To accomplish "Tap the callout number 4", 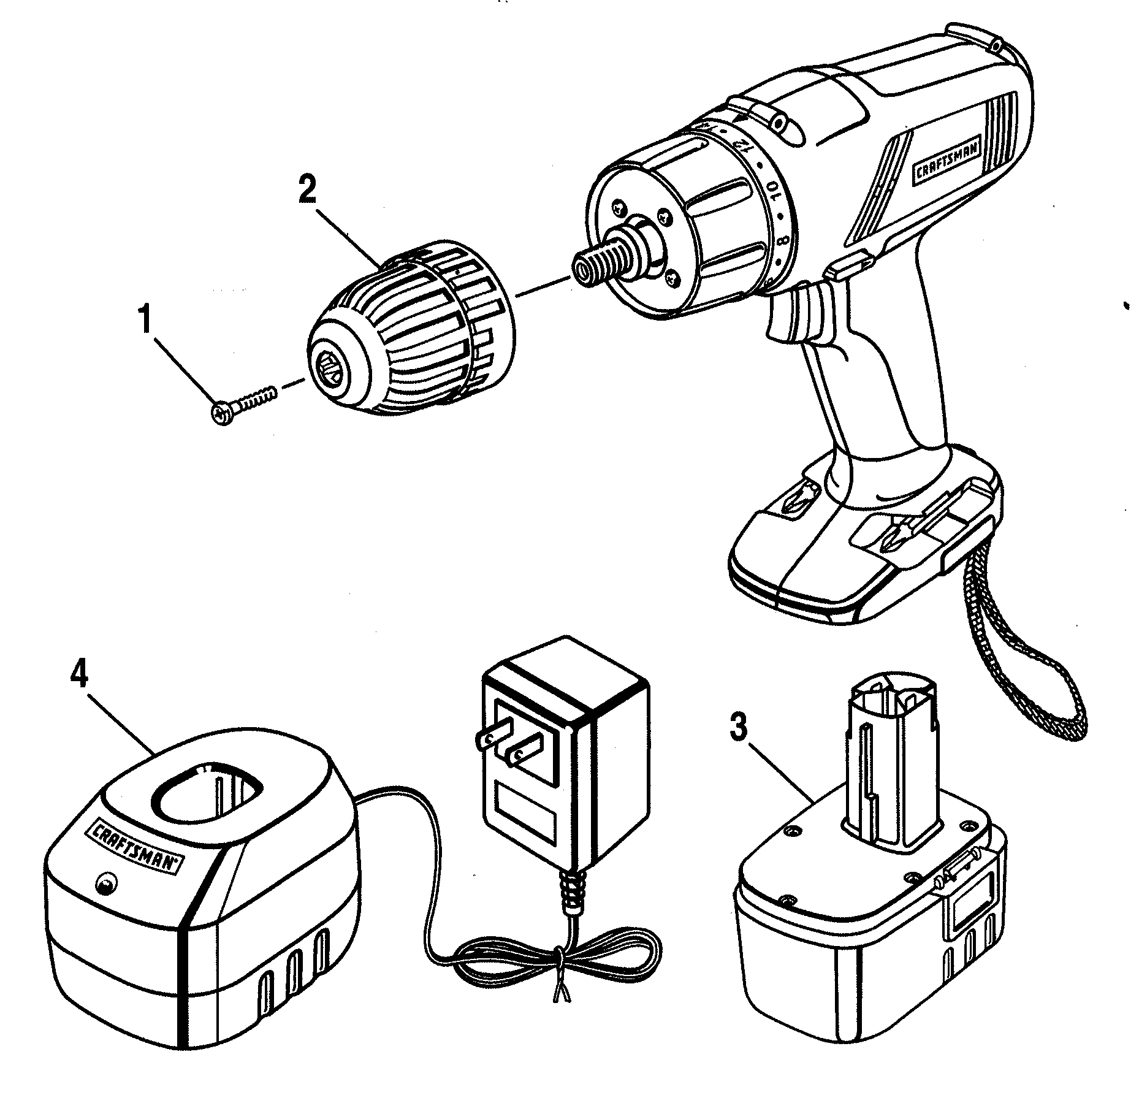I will pos(78,674).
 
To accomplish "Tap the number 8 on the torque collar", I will pos(783,240).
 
